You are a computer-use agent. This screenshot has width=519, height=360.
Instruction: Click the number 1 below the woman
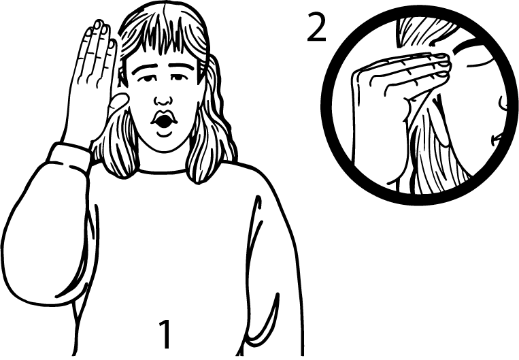click(x=165, y=334)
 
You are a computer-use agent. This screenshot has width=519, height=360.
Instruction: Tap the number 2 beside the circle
click(x=317, y=27)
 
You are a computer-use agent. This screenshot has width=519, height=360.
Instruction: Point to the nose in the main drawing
click(x=163, y=99)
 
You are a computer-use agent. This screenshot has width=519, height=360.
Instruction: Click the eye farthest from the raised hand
click(x=178, y=77)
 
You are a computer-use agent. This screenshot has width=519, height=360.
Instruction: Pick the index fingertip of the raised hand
click(x=112, y=44)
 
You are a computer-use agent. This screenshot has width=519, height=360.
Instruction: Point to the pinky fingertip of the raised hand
click(x=88, y=32)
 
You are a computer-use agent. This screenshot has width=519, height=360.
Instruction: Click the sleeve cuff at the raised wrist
click(x=69, y=155)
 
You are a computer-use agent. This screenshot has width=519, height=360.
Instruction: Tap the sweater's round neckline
click(x=162, y=171)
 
